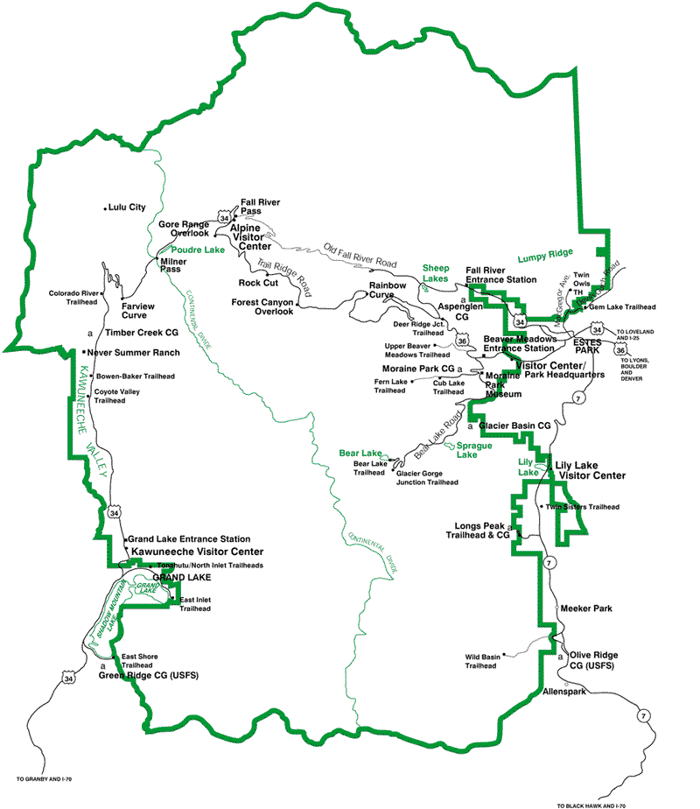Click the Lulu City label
(x=128, y=208)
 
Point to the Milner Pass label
(x=175, y=265)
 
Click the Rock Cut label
(x=258, y=283)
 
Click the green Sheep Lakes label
(x=436, y=272)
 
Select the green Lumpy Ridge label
(x=544, y=257)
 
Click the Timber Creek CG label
(x=142, y=333)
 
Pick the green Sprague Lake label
(x=468, y=450)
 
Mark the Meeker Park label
(x=585, y=608)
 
